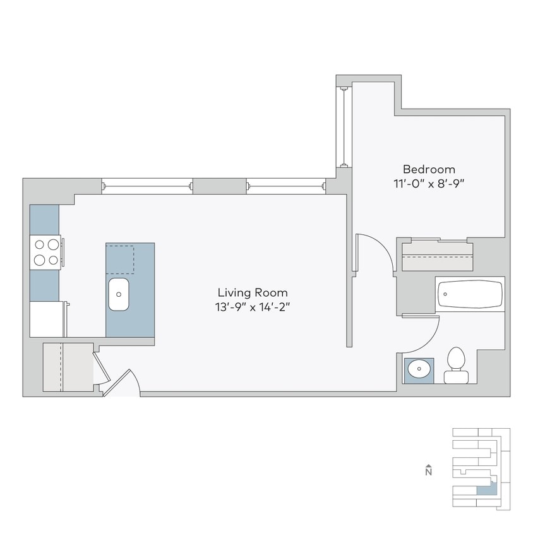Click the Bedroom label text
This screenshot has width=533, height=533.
(429, 169)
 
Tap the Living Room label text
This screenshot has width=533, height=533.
(253, 292)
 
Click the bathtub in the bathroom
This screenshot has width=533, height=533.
(470, 294)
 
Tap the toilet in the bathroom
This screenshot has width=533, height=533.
(456, 366)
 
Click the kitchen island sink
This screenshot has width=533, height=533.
(119, 294)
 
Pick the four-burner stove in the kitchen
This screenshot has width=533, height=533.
(45, 251)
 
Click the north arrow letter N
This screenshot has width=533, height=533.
(428, 471)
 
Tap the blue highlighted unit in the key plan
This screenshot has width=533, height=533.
(486, 487)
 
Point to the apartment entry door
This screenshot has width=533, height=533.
(121, 384)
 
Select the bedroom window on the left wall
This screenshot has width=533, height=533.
(344, 126)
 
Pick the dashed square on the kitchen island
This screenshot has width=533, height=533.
(120, 258)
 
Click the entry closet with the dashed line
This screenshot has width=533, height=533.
(67, 368)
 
